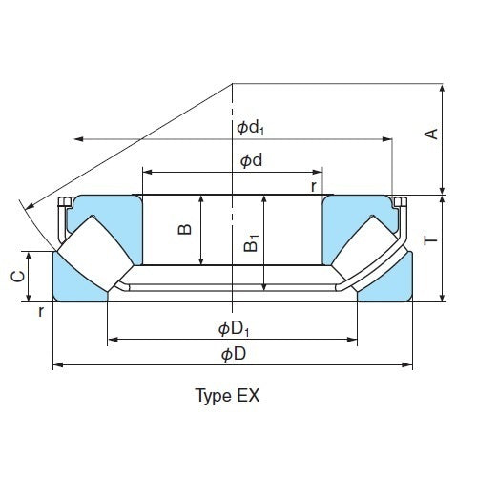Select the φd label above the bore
click(251, 161)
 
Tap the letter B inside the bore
click(186, 228)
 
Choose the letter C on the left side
click(16, 277)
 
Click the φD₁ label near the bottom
click(233, 329)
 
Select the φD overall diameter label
click(234, 354)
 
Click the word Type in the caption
click(211, 395)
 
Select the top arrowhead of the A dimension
click(444, 87)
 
